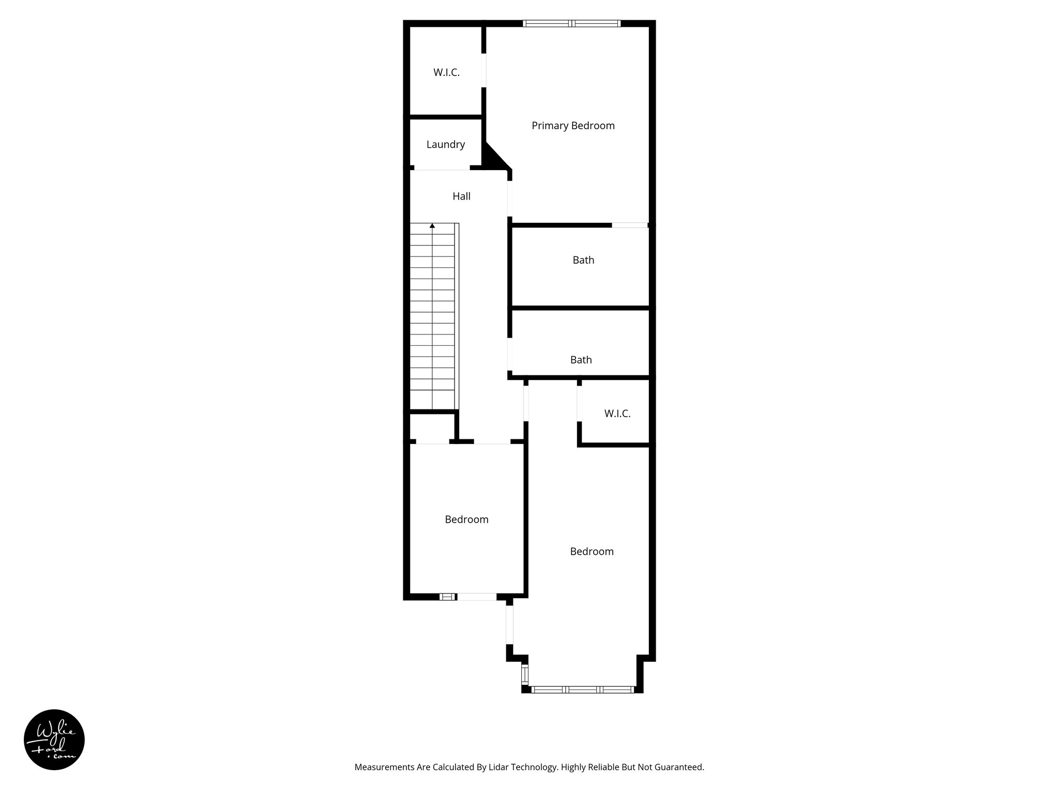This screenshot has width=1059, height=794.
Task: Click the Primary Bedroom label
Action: (573, 126)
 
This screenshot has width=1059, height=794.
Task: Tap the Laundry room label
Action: (445, 145)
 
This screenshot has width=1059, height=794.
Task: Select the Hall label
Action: (461, 196)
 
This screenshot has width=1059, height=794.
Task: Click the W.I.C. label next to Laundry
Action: (446, 73)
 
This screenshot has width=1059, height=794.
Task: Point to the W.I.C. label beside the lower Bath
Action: (617, 414)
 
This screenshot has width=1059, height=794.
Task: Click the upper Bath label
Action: (583, 261)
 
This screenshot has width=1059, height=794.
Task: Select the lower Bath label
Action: (581, 360)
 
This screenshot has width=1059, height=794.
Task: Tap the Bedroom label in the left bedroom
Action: (466, 520)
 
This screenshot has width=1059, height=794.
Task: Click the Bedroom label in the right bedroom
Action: (592, 552)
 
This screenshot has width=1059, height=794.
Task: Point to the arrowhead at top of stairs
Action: (432, 226)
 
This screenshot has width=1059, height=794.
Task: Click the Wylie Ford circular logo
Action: (54, 740)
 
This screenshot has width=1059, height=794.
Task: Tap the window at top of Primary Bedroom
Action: (571, 23)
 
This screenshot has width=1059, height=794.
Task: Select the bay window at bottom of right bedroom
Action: (582, 689)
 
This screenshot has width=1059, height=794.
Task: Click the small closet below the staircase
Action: (431, 427)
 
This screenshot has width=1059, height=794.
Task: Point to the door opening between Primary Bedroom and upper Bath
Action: (629, 225)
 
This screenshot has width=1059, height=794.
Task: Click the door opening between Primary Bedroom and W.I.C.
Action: (484, 70)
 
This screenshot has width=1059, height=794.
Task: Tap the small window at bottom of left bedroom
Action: (448, 597)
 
